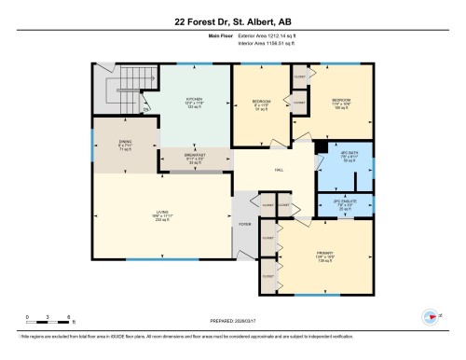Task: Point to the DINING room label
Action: (124, 145)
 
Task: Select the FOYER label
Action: (246, 224)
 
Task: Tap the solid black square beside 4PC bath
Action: (320, 145)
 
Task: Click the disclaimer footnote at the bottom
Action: (232, 346)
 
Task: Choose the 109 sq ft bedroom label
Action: (340, 104)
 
